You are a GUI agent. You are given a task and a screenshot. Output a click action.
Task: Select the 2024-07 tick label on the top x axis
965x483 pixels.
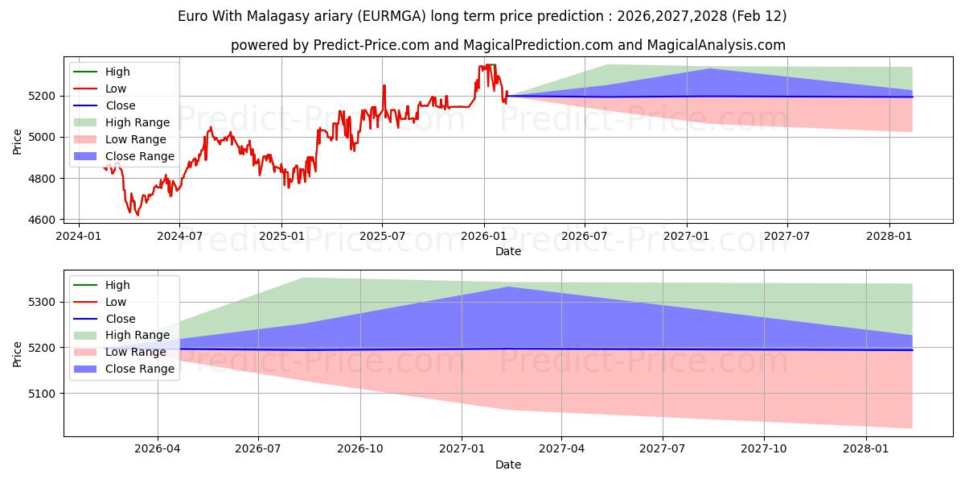click(x=179, y=236)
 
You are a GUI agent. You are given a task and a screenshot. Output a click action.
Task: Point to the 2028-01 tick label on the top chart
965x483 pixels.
click(x=889, y=236)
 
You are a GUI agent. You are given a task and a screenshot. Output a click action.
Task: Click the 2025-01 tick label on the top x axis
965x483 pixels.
click(x=281, y=236)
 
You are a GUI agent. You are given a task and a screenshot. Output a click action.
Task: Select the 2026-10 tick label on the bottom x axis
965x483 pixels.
click(x=360, y=449)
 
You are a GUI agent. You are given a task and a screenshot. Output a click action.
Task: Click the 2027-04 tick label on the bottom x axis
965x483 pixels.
click(x=561, y=449)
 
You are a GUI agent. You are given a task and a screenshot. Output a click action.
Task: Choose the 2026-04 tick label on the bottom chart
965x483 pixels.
click(x=158, y=449)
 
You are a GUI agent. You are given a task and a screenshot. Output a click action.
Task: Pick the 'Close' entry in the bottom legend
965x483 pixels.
click(x=121, y=319)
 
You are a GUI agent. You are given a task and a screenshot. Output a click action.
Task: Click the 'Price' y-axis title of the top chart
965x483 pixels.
click(x=18, y=141)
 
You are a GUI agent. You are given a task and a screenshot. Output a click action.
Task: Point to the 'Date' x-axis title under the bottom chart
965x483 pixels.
click(x=508, y=464)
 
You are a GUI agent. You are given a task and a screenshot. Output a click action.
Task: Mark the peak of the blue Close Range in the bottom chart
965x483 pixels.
click(x=508, y=287)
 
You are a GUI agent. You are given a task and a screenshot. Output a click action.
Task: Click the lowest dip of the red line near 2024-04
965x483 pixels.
click(x=138, y=215)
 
